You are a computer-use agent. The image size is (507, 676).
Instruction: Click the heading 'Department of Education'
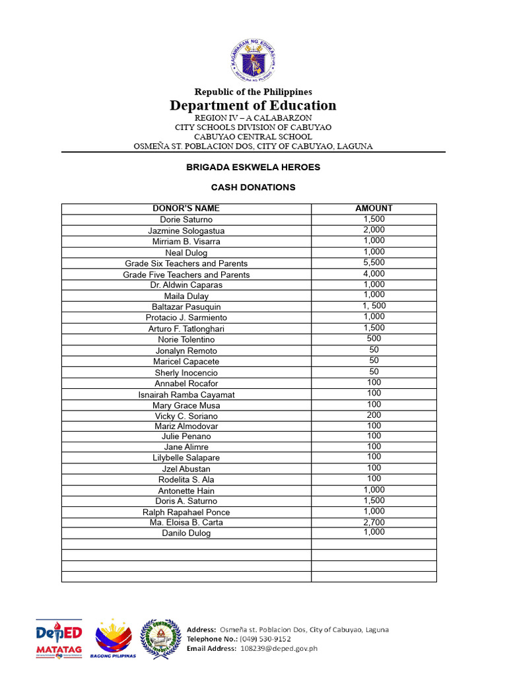coord(253,106)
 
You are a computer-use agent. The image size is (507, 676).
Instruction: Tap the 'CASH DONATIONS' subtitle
coord(253,187)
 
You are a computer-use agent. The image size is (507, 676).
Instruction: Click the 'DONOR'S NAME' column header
coord(186,209)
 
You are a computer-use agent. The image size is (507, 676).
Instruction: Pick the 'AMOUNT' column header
coord(374,209)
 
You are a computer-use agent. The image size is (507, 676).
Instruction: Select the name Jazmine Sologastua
coord(186,231)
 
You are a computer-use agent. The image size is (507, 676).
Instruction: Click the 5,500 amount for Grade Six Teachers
coord(374,263)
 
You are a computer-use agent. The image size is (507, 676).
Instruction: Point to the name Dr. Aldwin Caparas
coord(186,285)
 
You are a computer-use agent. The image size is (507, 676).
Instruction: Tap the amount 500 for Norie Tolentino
coord(374,339)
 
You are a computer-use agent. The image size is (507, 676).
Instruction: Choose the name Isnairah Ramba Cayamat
coord(186,395)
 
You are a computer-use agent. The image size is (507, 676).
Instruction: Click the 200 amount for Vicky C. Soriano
coord(374,415)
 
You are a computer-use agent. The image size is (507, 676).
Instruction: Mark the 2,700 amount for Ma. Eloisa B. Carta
coord(374,522)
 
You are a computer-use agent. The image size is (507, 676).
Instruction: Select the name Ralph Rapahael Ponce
coord(186,512)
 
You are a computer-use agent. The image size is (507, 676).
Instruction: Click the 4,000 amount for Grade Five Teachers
coord(374,274)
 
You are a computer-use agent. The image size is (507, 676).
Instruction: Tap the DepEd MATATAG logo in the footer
coord(59,639)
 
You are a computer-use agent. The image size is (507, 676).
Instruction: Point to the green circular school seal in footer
coord(160,638)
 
